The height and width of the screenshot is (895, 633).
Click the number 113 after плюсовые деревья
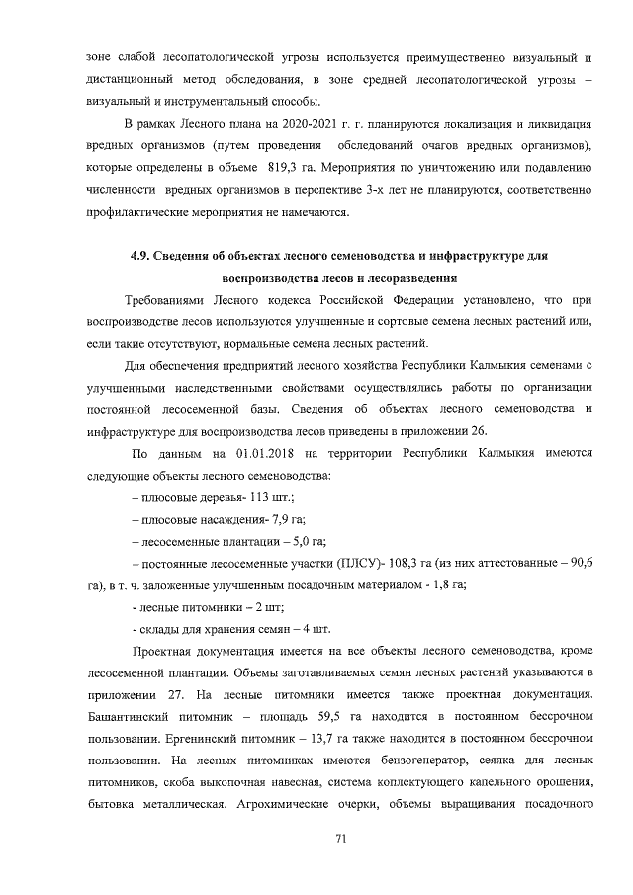click(x=262, y=498)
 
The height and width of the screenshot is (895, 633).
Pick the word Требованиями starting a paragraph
click(x=169, y=301)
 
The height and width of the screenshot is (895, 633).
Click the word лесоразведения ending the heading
click(x=408, y=278)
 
